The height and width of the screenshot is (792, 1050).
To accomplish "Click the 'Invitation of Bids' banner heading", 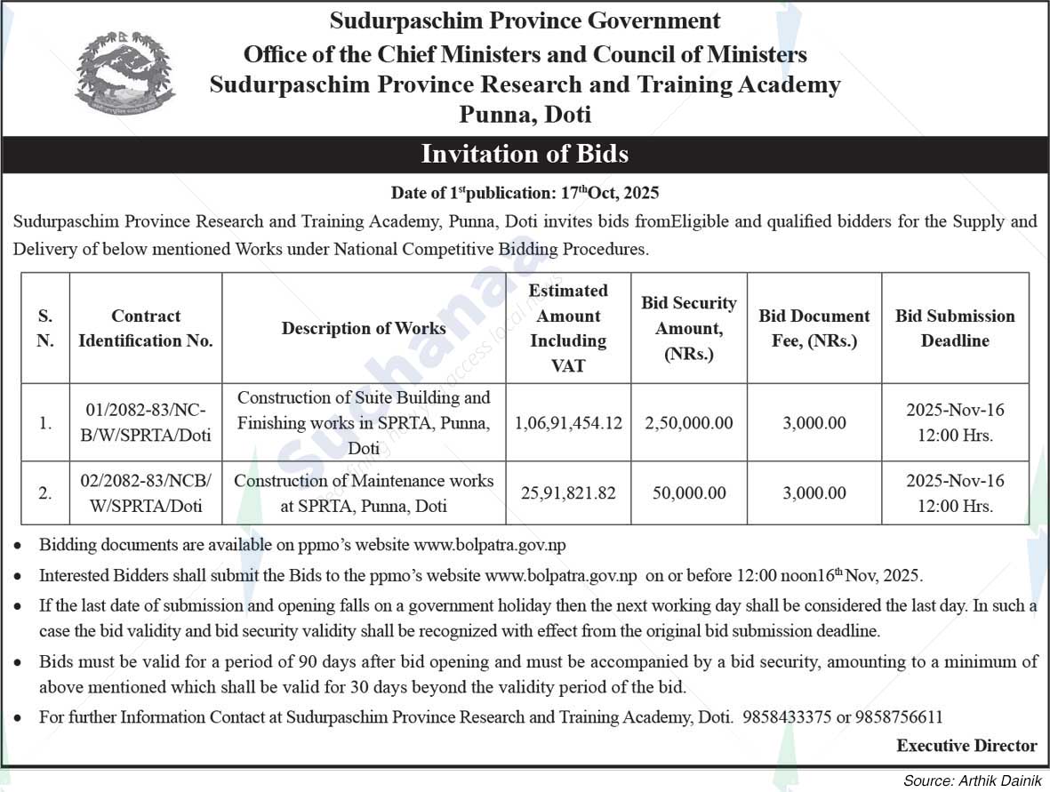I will coord(525,154).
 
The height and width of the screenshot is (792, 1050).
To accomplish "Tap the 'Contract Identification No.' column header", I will coord(146,328).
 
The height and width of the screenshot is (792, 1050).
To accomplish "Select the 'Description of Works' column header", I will coord(364,328).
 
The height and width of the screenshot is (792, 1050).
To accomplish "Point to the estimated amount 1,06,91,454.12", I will coord(569,423).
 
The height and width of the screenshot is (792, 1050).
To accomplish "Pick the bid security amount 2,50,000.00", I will coord(689,423).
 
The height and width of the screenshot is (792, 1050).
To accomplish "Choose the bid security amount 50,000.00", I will coord(689,492).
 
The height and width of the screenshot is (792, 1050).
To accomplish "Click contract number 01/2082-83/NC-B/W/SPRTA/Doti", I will coord(146,423).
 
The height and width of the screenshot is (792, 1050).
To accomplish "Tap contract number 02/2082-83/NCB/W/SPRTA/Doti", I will coord(146,492).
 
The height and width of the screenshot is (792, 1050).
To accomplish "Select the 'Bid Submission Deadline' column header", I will coord(955,328).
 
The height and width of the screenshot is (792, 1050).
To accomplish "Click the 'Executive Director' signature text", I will coord(966,746).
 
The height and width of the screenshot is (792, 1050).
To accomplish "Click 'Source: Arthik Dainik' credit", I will coord(972,781).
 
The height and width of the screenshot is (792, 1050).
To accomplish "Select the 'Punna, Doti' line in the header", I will coord(525,115).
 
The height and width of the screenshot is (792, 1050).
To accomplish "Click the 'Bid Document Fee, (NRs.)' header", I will coord(814,328).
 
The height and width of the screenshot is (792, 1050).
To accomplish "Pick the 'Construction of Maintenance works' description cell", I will coord(364,492).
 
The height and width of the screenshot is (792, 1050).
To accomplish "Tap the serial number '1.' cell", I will coord(45,423).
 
